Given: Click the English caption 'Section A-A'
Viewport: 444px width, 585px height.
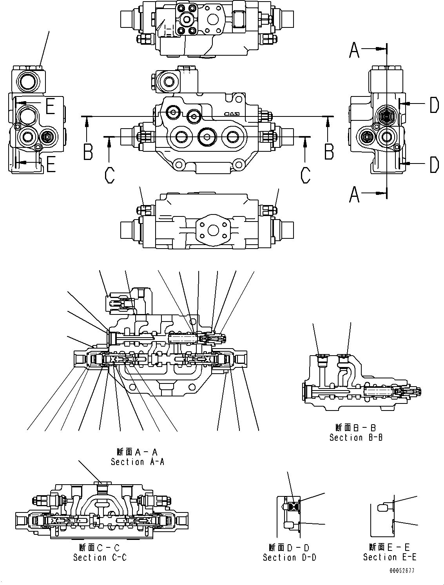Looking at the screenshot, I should tap(138, 462).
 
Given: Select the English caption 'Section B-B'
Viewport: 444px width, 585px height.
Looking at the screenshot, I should tap(356, 438).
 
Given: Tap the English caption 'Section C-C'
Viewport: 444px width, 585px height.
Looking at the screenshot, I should tap(100, 557).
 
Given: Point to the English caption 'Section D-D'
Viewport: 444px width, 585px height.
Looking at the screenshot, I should tap(290, 557).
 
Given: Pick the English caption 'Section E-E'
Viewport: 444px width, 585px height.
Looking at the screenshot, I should tap(390, 557).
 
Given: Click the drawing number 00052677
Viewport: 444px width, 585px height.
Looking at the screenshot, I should tap(402, 571).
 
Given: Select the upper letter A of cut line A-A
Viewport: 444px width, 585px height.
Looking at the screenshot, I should tap(354, 51).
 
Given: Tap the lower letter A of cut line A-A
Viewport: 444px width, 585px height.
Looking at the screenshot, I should tap(354, 195).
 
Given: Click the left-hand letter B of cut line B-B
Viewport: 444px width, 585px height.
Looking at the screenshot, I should tap(88, 152).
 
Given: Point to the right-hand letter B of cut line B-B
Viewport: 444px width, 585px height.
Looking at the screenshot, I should tap(329, 152).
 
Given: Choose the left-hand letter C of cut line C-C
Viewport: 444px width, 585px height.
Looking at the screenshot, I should tap(110, 175).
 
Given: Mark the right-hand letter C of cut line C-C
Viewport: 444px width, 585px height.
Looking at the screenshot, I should tap(305, 175).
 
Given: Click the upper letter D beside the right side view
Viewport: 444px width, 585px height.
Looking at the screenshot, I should tap(434, 105).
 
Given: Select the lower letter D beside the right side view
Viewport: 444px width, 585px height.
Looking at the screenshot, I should tap(434, 165).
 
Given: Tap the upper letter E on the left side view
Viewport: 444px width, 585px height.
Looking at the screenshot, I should tap(50, 106).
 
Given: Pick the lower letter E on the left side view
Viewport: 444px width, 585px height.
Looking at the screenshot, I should tap(50, 165).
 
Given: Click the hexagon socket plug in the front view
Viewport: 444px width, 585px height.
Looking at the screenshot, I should tap(206, 136).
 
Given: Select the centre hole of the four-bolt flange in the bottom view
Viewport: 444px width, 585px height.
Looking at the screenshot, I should tap(212, 229).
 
